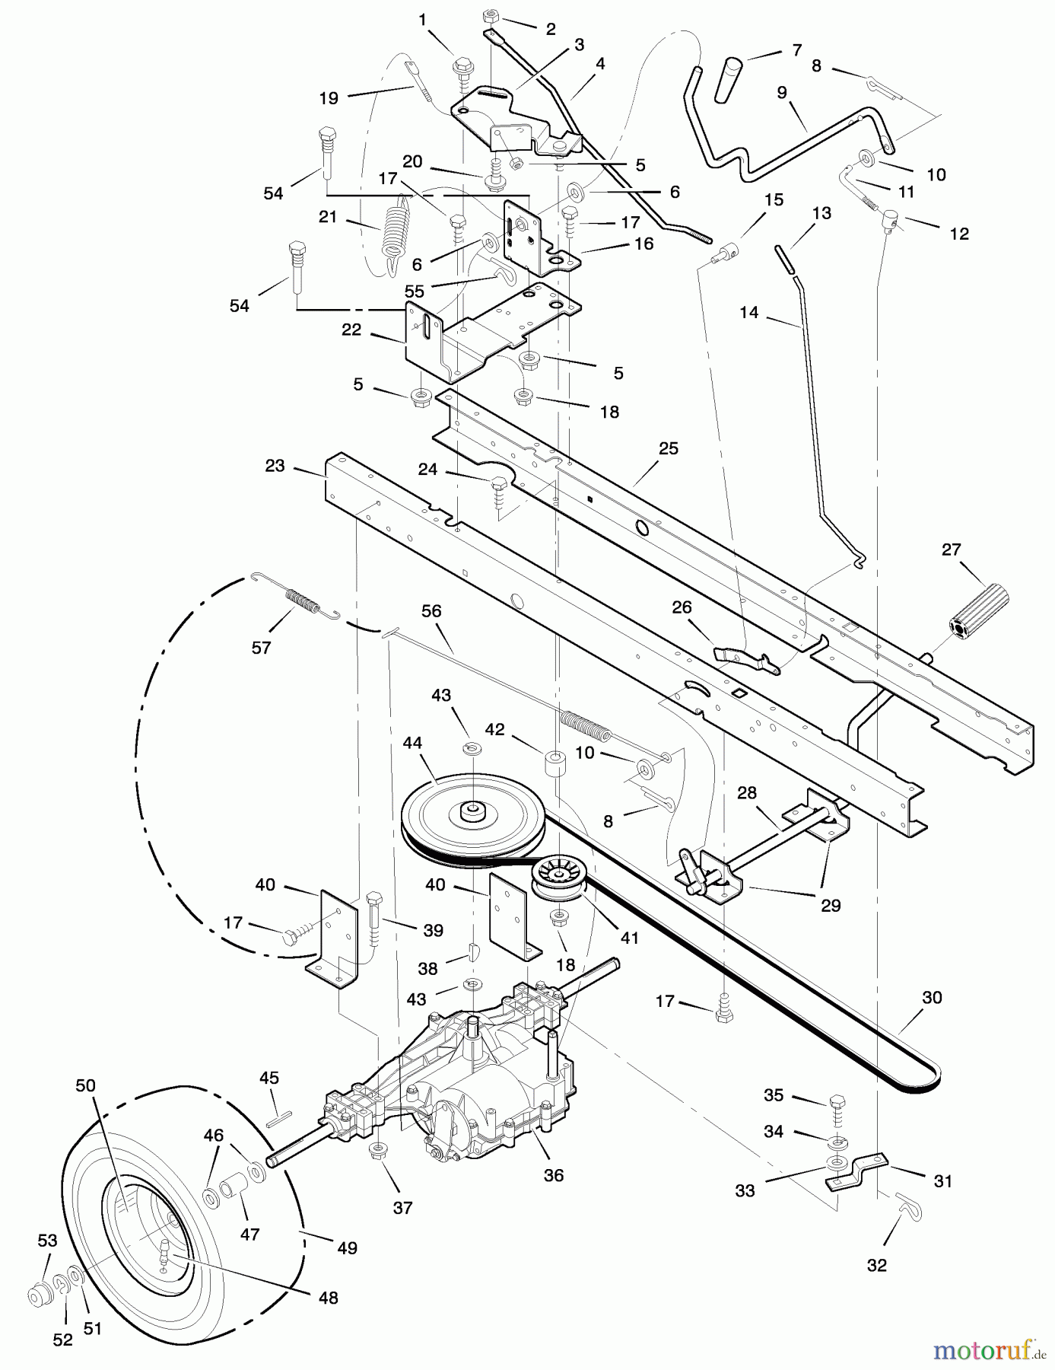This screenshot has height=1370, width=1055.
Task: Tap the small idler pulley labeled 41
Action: pyautogui.click(x=560, y=875)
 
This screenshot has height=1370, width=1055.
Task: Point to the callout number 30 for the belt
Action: pyautogui.click(x=932, y=997)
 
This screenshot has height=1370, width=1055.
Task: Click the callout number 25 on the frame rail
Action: pyautogui.click(x=668, y=449)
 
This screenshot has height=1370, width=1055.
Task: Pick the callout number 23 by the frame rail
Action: pyautogui.click(x=275, y=465)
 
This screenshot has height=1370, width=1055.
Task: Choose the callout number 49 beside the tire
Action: pyautogui.click(x=348, y=1248)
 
